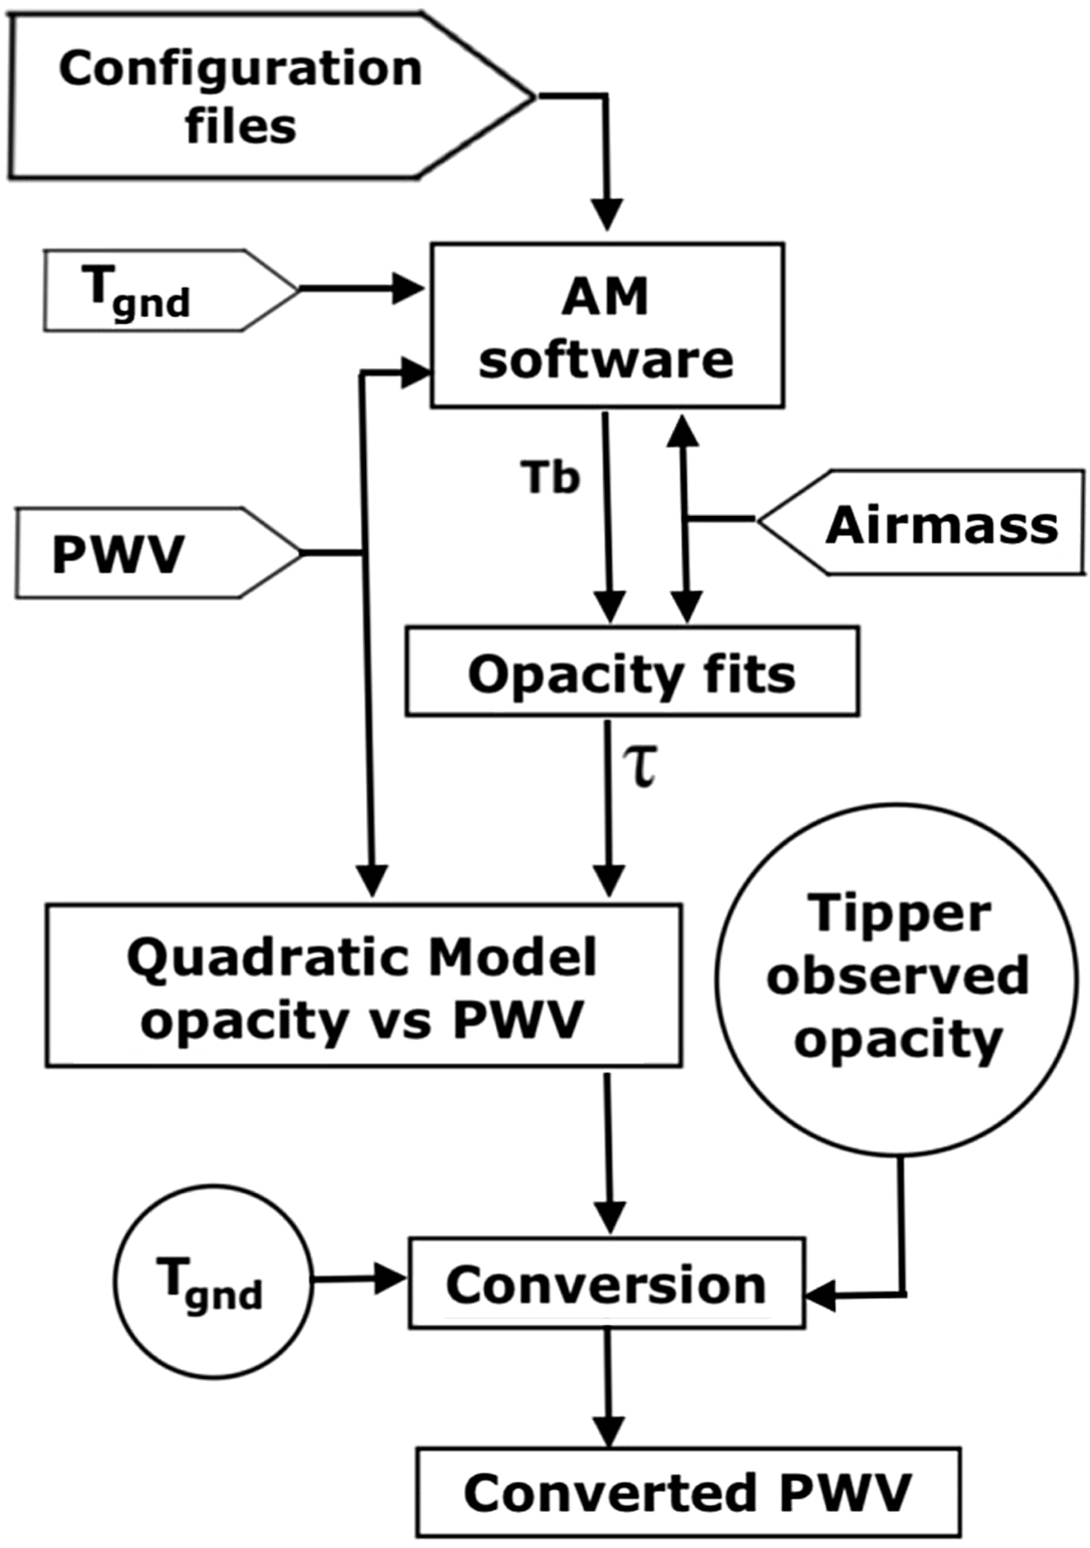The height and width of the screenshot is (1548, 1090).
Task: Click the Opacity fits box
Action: [x=632, y=672]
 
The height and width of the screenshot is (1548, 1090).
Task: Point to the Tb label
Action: [x=550, y=476]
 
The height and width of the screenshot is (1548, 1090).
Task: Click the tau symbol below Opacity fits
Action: [x=641, y=765]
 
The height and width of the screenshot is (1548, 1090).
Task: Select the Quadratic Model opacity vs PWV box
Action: [x=363, y=985]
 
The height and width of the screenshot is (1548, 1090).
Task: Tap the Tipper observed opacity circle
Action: [x=897, y=979]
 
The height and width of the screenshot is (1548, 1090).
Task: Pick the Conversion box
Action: [x=607, y=1283]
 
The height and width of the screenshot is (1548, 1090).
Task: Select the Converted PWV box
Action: [x=689, y=1493]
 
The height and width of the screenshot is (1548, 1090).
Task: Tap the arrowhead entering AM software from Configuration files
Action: [x=608, y=216]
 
